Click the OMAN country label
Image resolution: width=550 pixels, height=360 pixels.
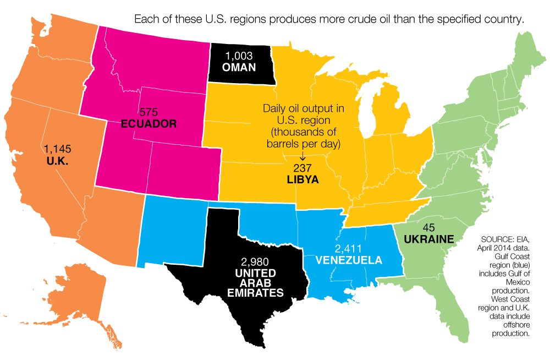(239, 68)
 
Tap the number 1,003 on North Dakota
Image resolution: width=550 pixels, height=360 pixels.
(239, 57)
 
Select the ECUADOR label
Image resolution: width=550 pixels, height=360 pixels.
(148, 123)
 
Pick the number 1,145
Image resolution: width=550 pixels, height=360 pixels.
(58, 149)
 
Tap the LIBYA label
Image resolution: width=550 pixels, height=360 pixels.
(302, 179)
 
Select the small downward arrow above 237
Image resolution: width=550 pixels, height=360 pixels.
(302, 156)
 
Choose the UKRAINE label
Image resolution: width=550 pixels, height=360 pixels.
(428, 239)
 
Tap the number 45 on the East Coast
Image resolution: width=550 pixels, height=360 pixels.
(429, 228)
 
